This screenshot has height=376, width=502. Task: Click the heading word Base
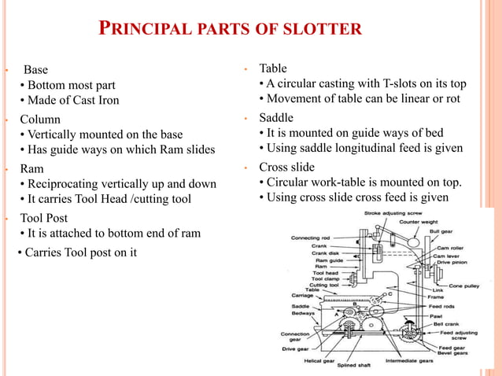(35, 70)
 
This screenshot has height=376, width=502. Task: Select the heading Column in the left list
(40, 120)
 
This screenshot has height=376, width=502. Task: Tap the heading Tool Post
(44, 218)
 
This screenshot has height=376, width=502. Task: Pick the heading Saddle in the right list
(276, 118)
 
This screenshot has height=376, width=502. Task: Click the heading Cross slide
(286, 168)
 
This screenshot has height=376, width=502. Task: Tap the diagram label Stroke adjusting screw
(393, 213)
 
